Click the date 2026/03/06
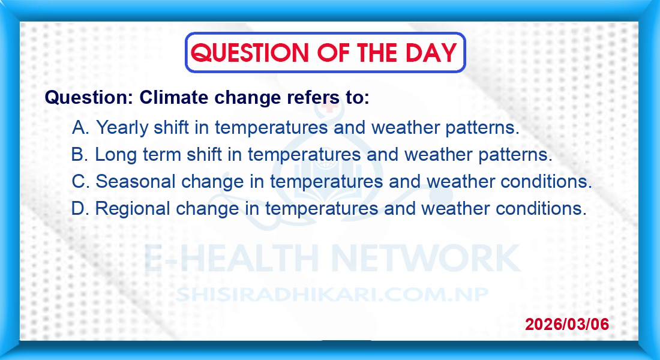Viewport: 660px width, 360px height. [x=567, y=324]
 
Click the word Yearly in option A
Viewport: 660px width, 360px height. [x=122, y=128]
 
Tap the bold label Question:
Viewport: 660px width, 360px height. [x=89, y=98]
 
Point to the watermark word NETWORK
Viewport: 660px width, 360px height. [x=426, y=257]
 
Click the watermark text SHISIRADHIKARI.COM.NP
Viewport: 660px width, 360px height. [x=332, y=295]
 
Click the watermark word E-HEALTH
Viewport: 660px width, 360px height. [x=232, y=257]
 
